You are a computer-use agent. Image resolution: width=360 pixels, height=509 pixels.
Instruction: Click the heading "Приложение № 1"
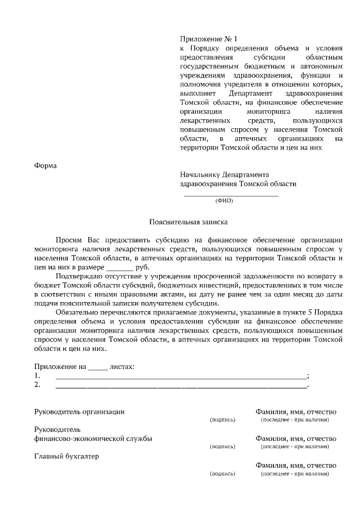209,39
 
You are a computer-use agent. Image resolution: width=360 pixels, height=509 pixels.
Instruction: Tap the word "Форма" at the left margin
46,165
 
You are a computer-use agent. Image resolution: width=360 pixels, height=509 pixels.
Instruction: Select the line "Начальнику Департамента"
224,174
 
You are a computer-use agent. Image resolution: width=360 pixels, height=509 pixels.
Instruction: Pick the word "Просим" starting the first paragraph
70,240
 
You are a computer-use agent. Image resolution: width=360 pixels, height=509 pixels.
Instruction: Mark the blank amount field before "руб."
119,267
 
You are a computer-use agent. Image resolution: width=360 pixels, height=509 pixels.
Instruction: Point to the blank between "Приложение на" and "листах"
97,367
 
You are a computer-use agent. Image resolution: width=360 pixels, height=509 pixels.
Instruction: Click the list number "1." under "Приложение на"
37,376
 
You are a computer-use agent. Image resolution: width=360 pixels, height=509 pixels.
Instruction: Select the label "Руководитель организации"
79,412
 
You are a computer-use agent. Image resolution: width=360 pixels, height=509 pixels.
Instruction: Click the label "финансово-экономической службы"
93,438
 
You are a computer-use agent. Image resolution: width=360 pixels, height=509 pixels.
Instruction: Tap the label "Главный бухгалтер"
66,456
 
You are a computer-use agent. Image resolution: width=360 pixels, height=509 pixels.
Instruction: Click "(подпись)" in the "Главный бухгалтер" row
222,474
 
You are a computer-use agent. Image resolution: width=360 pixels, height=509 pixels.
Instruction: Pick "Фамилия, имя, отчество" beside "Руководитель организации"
296,412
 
